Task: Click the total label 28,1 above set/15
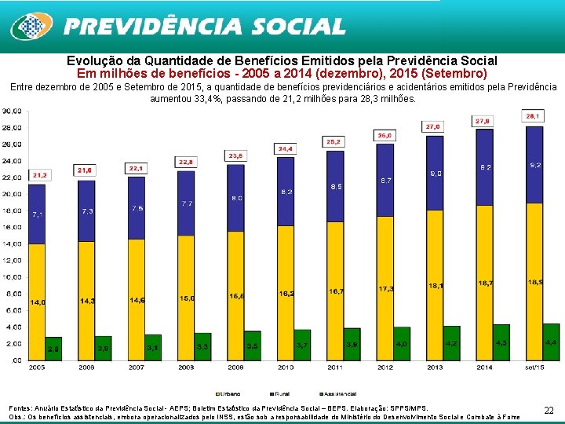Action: click(x=534, y=115)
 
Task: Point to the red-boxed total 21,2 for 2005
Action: click(x=39, y=175)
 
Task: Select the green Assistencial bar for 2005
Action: click(x=53, y=349)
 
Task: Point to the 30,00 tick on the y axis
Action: click(x=12, y=111)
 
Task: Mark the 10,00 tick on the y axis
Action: click(x=12, y=277)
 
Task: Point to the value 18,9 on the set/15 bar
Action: click(x=535, y=282)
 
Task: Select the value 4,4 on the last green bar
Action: click(x=551, y=342)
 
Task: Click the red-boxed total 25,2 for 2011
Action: click(x=334, y=141)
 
